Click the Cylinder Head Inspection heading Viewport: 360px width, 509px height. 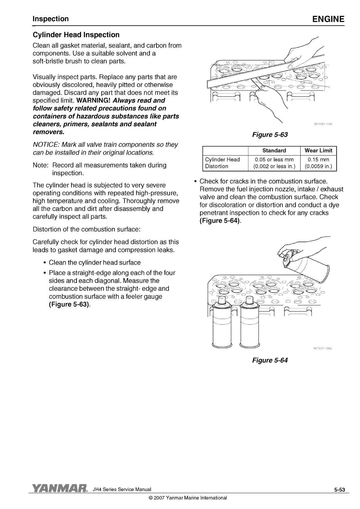coord(76,35)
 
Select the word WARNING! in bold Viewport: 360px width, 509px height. coord(93,100)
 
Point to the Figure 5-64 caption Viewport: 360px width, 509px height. coord(270,360)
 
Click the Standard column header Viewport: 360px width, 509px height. coord(274,151)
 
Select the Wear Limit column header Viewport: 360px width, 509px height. coord(318,151)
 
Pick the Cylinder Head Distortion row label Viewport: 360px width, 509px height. coord(222,163)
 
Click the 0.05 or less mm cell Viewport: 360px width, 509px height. coord(274,160)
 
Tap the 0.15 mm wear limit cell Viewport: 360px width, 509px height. coord(318,160)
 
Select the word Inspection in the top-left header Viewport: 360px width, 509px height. coord(51,19)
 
